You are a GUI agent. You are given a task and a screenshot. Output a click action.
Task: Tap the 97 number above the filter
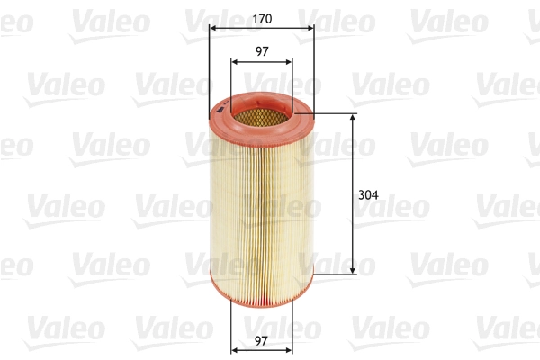262,51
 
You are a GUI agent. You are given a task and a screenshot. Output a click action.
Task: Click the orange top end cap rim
216,112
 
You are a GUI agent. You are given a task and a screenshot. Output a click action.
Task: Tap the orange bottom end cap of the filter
262,287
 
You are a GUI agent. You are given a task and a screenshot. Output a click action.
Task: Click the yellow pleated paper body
262,198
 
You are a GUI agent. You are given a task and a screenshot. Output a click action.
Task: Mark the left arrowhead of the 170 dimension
212,29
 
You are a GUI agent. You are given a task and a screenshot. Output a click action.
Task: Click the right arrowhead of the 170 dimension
310,29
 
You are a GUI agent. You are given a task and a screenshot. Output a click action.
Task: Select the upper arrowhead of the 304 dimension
351,118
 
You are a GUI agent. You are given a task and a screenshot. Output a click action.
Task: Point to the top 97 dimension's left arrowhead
235,63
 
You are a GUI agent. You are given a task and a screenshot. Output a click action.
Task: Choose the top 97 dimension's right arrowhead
288,63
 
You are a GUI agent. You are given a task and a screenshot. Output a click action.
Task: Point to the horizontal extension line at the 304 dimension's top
333,114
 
